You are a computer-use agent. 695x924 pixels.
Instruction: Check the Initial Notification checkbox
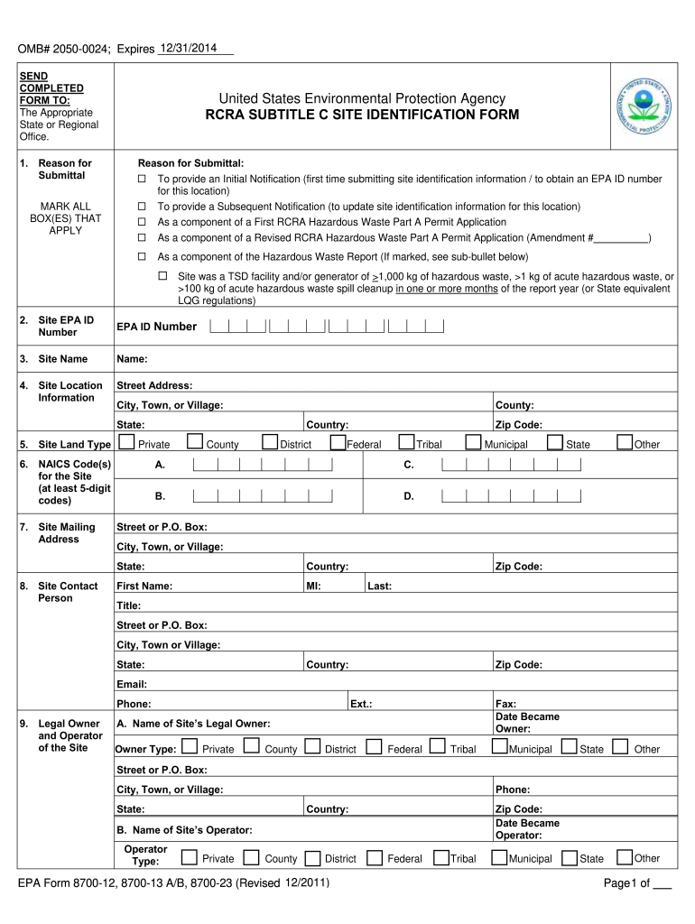[x=141, y=180]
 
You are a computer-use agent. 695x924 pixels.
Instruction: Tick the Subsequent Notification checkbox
[x=141, y=207]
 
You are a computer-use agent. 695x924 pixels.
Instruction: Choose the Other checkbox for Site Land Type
[x=625, y=442]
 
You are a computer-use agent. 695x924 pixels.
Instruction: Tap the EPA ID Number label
[x=156, y=327]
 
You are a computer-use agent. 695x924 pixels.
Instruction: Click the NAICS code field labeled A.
[x=263, y=465]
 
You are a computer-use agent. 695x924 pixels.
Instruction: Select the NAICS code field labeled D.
[x=512, y=495]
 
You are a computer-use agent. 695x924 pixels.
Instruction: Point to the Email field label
[x=132, y=684]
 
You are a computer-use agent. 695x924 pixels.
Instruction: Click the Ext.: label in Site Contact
[x=361, y=703]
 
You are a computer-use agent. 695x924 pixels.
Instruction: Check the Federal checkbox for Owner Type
[x=374, y=747]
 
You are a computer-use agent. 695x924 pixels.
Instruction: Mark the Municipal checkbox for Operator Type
[x=499, y=856]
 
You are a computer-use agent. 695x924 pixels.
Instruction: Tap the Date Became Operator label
[x=527, y=828]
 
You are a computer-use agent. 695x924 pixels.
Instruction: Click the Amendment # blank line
[x=621, y=239]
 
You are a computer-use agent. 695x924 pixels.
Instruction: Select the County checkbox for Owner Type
[x=252, y=747]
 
